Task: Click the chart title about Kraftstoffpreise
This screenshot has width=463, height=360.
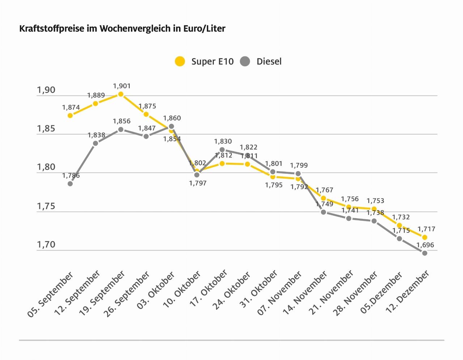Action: click(x=122, y=29)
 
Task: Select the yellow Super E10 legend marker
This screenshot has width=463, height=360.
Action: click(x=180, y=62)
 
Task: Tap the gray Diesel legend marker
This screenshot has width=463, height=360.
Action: click(x=245, y=62)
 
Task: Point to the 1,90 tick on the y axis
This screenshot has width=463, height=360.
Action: click(x=46, y=90)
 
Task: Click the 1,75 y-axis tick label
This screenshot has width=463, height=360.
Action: click(x=46, y=206)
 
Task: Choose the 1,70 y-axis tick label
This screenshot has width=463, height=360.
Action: click(x=46, y=245)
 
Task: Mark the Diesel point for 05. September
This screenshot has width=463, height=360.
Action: click(x=70, y=184)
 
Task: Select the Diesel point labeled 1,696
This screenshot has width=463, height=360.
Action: click(x=425, y=253)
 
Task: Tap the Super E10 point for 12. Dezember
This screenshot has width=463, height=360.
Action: click(x=425, y=237)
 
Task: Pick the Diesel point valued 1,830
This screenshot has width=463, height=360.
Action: click(x=222, y=149)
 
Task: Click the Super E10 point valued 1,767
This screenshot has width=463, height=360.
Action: click(x=323, y=198)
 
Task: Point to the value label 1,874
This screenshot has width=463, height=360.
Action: click(x=71, y=107)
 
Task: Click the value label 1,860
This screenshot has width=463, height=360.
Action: click(x=172, y=118)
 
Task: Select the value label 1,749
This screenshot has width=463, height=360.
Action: click(x=324, y=204)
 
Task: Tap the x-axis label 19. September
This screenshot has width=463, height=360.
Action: click(x=102, y=293)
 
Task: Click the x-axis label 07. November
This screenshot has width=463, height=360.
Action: click(x=279, y=293)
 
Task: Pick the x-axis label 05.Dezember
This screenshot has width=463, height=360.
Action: click(x=381, y=293)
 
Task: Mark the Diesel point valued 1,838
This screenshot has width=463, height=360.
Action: click(x=95, y=143)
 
